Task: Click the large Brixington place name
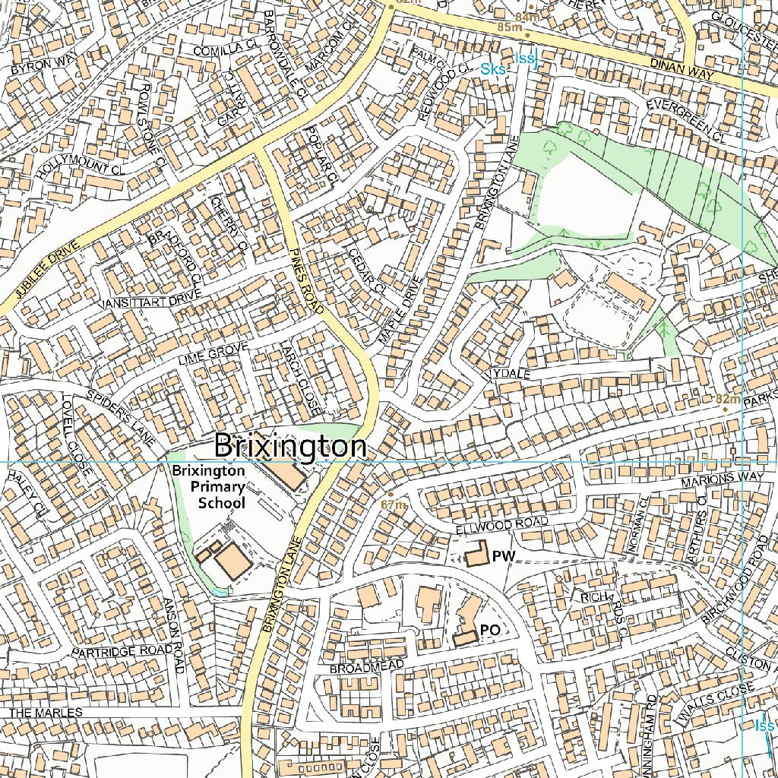290,446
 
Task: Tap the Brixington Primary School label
208,486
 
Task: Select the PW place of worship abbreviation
503,557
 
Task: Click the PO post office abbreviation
490,631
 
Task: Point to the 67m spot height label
394,504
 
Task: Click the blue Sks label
493,69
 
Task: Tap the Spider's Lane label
121,418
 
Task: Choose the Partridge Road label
112,652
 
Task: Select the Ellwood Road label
501,524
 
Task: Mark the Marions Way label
723,479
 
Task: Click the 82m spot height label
728,399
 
